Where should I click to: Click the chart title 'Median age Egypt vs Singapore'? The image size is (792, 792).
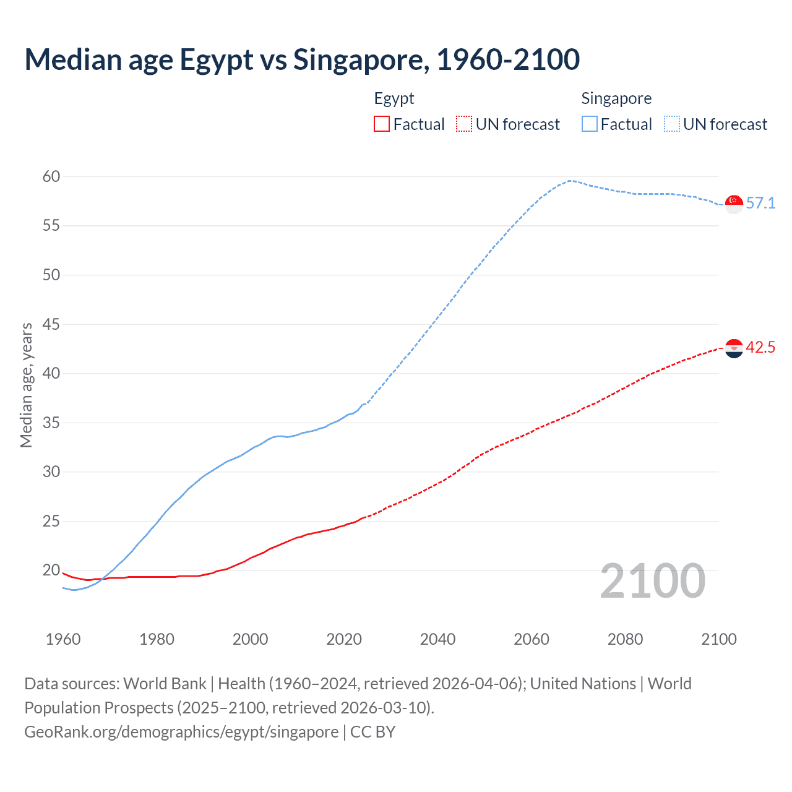tap(302, 59)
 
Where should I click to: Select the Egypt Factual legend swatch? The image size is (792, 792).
tap(382, 124)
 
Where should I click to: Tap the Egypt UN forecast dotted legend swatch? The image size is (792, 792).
tap(464, 124)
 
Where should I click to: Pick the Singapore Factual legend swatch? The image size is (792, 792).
tap(589, 124)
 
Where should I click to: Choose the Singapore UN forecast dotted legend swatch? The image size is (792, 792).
tap(671, 124)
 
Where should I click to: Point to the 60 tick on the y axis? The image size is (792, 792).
tap(51, 177)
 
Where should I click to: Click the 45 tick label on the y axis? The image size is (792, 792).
tap(51, 324)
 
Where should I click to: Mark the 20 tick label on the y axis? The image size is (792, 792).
tap(51, 570)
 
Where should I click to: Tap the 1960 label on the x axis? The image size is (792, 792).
tap(63, 639)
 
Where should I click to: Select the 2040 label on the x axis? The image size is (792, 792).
tap(437, 639)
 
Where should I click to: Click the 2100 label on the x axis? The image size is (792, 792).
tap(718, 639)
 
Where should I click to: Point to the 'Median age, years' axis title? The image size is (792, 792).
tap(26, 385)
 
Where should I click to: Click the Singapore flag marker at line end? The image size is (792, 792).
tap(734, 204)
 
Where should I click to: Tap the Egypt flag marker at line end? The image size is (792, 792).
tap(734, 348)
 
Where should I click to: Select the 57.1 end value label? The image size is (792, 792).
tap(760, 204)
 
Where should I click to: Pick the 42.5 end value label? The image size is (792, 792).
tap(760, 348)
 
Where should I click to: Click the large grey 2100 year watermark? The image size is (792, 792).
tap(652, 581)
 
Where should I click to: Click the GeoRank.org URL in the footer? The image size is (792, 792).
tap(181, 732)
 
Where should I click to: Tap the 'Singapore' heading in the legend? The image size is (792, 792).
tap(616, 98)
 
